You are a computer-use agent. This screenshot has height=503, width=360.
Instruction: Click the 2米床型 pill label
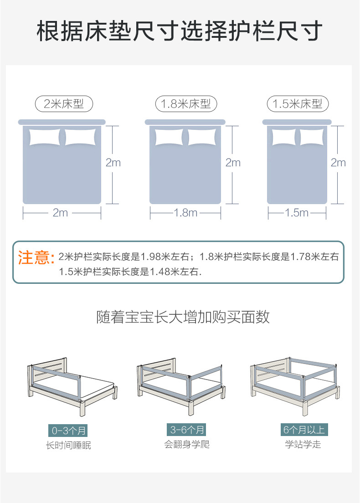[64, 104]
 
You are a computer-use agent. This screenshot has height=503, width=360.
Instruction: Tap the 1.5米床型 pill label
[298, 104]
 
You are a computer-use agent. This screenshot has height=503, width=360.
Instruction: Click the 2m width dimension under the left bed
[61, 213]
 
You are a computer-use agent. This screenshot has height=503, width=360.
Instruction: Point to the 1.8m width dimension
[185, 213]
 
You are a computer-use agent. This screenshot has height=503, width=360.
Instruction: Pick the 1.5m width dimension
[297, 213]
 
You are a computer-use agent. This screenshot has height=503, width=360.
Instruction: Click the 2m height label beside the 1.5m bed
[338, 163]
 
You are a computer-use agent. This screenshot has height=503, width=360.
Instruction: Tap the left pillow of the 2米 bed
[44, 137]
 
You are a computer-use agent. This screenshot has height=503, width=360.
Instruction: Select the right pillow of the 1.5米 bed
[311, 137]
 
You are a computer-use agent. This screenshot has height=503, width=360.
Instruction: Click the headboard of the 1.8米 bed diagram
[185, 122]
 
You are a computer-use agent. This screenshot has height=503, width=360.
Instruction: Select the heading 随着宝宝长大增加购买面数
[183, 317]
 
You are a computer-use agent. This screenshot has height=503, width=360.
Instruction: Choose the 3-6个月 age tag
[187, 430]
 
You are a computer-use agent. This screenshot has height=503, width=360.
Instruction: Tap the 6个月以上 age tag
[303, 430]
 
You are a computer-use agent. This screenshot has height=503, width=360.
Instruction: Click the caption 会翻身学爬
[187, 444]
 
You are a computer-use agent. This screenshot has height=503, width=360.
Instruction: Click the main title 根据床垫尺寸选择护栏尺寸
[180, 31]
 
